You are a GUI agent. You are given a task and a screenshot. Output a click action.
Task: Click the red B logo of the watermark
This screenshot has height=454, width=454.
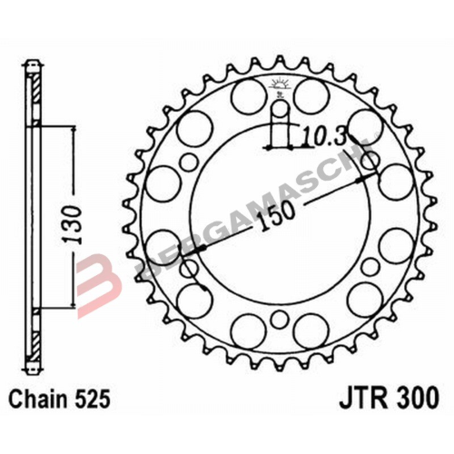point(96,281)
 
